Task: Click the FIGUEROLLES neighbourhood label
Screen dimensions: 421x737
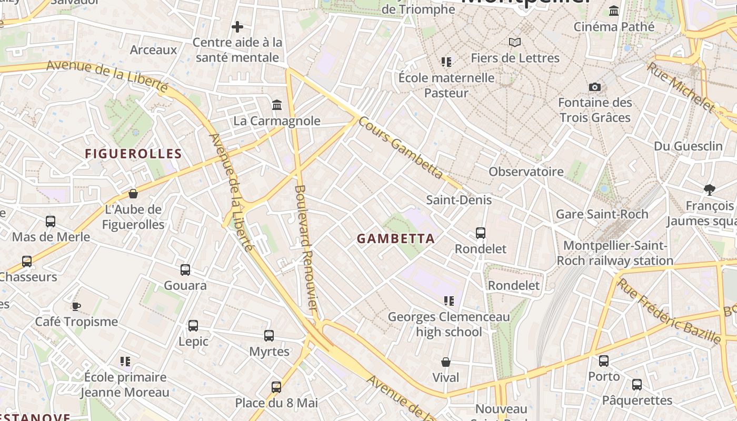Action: [x=133, y=154]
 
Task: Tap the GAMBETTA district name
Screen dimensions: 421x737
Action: [x=396, y=239]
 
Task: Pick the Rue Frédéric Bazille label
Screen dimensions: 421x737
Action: [x=669, y=311]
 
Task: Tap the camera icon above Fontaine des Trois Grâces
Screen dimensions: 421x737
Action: [x=595, y=87]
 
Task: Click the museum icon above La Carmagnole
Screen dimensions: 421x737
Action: [x=277, y=105]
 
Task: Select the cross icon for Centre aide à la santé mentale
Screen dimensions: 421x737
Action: [x=237, y=26]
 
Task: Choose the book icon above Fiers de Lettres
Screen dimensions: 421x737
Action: [x=514, y=42]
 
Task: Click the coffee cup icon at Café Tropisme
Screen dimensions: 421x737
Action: [x=76, y=306]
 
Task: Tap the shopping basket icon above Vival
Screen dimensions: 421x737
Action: [x=446, y=362]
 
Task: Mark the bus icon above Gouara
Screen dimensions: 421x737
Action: [x=185, y=270]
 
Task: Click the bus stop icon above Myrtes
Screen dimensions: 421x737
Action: [x=269, y=335]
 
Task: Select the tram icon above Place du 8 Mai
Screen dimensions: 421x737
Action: [x=276, y=387]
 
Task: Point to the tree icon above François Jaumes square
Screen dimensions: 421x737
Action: [x=709, y=189]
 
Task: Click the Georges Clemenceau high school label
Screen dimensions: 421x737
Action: [x=449, y=324]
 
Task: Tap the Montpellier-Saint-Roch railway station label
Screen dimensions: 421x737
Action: [x=615, y=253]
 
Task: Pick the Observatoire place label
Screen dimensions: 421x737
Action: [x=526, y=172]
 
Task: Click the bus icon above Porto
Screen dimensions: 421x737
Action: [x=604, y=361]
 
